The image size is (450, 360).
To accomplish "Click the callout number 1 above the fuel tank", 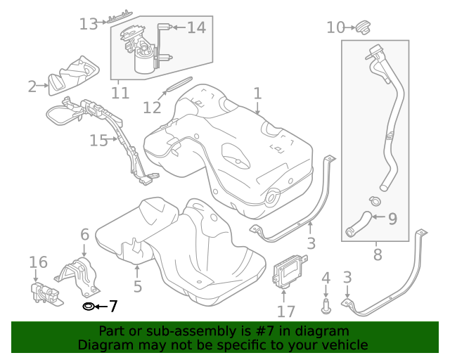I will (x=257, y=93).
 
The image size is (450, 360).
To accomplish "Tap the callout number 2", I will (x=32, y=86).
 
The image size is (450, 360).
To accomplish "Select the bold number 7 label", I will (x=112, y=307).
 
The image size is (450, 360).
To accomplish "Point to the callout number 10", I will (x=335, y=27).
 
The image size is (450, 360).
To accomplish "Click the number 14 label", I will (x=196, y=27).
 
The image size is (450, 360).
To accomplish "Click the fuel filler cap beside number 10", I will (x=362, y=27).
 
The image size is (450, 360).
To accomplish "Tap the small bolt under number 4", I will (x=326, y=306).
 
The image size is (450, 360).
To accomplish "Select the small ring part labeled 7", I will (x=88, y=307).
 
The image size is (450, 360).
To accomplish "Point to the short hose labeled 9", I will (x=358, y=224).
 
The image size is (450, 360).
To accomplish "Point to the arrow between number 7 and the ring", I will (x=100, y=307).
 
